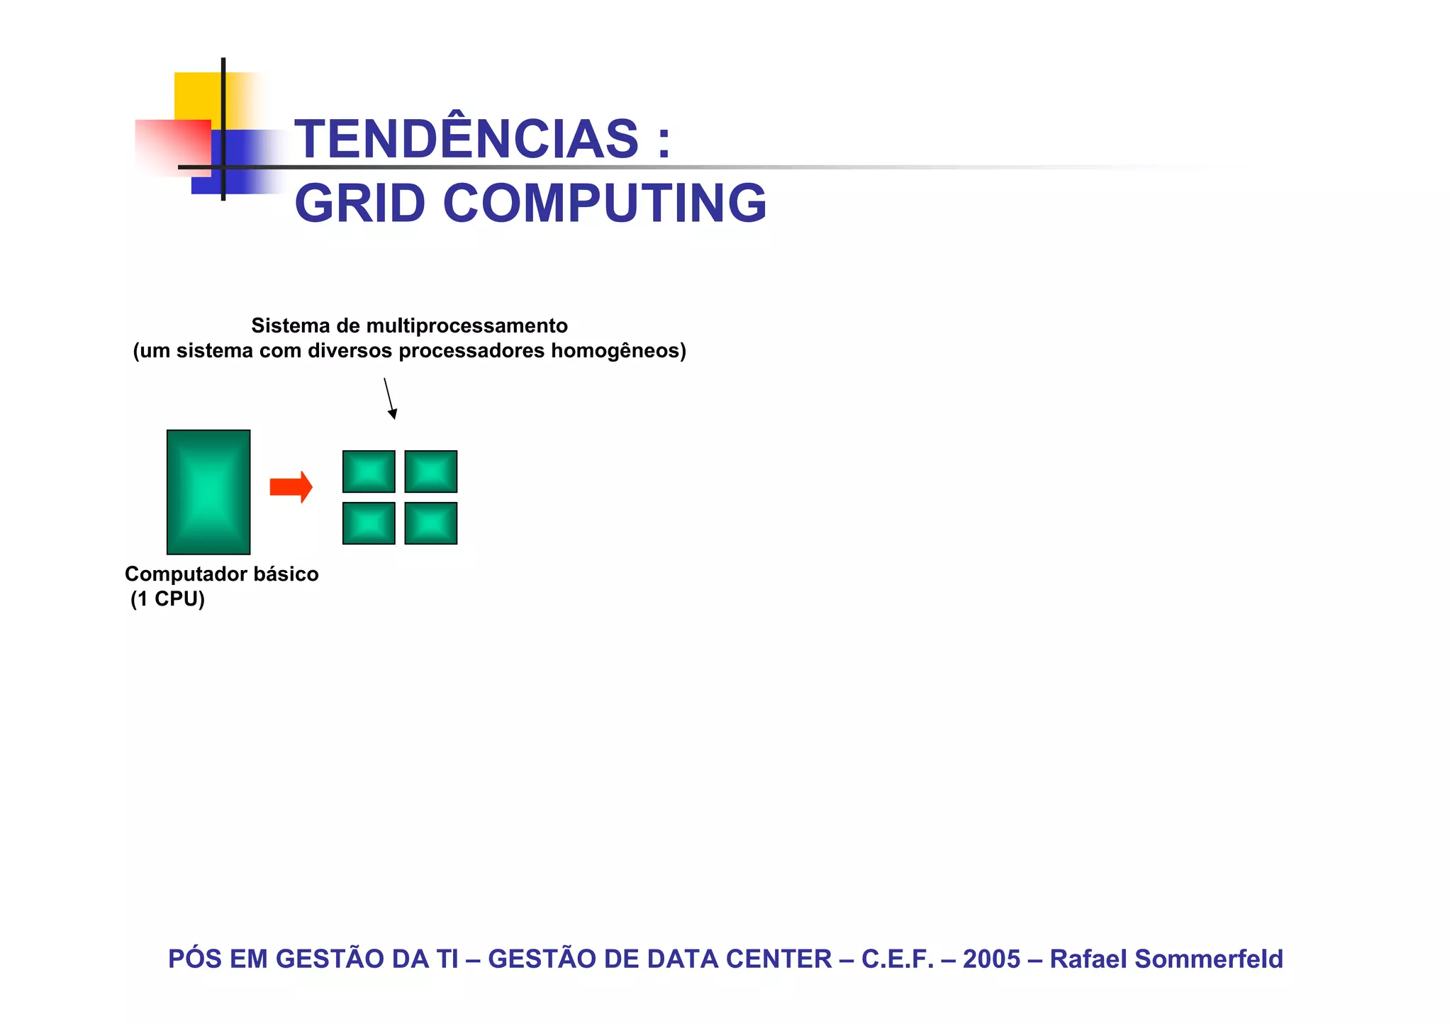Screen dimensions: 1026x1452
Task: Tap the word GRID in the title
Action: pos(359,203)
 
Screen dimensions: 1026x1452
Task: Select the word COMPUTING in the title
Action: pos(605,203)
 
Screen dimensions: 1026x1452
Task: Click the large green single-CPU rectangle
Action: pos(208,491)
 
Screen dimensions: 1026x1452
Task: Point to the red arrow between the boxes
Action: pos(291,487)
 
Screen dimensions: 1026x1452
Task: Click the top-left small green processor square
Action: pos(369,472)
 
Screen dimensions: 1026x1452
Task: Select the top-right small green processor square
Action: pos(431,472)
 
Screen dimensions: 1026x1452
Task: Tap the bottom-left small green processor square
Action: pos(369,523)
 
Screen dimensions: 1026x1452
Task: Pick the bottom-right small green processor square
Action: pos(431,523)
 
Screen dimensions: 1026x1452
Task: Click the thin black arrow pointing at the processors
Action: pos(389,398)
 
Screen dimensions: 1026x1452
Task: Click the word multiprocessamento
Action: pos(467,326)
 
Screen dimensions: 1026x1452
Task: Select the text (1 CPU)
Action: pos(168,599)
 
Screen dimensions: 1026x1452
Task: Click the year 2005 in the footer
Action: pos(991,959)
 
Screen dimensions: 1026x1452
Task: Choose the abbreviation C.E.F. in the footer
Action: pos(897,959)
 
